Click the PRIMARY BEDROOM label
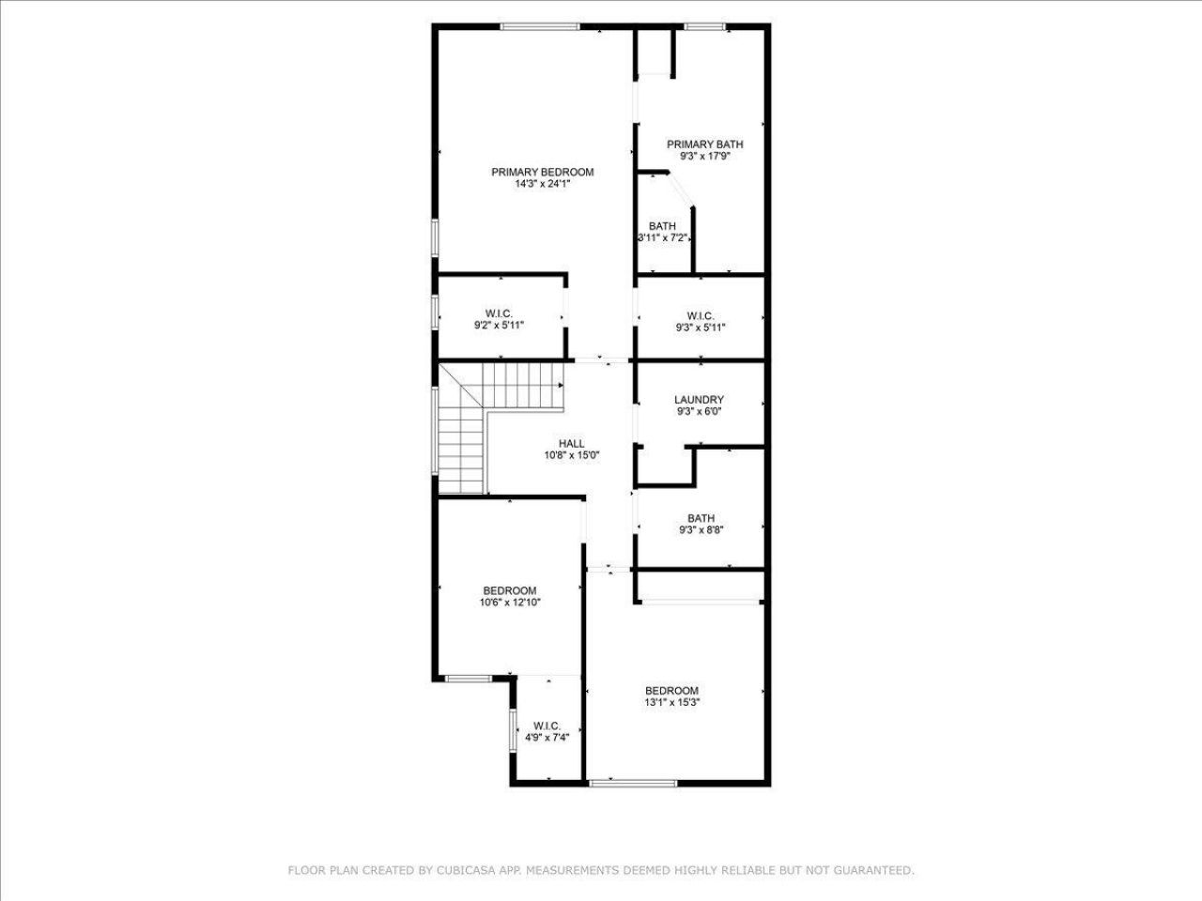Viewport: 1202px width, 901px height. pos(543,172)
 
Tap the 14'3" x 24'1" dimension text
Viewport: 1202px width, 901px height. pos(543,185)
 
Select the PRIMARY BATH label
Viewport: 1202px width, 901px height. pos(704,145)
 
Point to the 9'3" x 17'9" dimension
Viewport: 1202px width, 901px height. pos(704,157)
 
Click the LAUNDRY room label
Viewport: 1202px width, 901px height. pos(699,400)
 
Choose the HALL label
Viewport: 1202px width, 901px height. pos(571,444)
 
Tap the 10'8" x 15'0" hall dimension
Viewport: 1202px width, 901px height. pos(571,455)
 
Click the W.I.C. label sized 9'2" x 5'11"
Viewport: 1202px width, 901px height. pos(499,313)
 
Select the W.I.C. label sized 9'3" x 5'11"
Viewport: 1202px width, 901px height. pos(701,315)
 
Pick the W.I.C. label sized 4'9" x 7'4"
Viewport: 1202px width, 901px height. pos(547,725)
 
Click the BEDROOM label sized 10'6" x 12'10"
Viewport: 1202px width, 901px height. pos(510,590)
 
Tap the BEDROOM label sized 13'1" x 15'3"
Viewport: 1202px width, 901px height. pos(672,691)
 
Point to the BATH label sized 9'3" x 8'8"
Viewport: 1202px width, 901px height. pos(701,518)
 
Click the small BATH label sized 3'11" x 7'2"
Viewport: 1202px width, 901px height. pos(662,226)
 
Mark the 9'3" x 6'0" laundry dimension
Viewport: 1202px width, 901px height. pos(699,411)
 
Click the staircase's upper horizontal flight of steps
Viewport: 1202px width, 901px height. pos(521,385)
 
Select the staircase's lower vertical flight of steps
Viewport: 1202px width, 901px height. pos(461,450)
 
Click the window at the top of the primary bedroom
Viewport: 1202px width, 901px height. pos(540,26)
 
